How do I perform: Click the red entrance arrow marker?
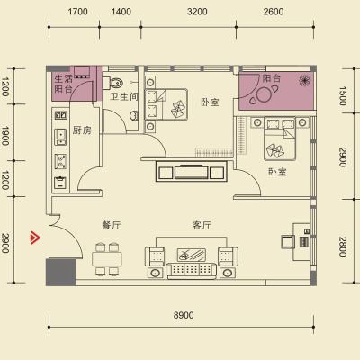coord(35,238)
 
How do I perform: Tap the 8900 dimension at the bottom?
coord(184,315)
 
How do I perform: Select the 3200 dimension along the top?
coord(197,12)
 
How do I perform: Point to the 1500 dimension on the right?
coord(343,96)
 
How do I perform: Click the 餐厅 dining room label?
coord(112,225)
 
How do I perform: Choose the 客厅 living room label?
coord(202,225)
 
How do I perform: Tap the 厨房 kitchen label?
coord(82,130)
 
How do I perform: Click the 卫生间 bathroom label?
coord(124,96)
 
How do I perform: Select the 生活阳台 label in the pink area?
coord(63,84)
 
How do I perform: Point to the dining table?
coord(107,259)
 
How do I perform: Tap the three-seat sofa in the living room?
coord(191,270)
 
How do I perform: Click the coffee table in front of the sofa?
coord(192,255)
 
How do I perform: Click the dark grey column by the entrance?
coord(60,272)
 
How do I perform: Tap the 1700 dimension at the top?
coord(77,12)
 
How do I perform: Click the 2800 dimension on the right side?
coord(343,247)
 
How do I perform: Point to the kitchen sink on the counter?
coord(60,137)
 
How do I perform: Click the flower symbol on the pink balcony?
coord(304,80)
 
